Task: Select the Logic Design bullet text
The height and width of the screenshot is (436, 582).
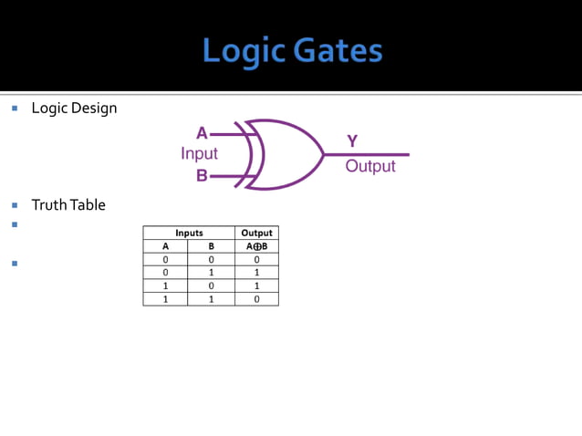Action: [x=74, y=108]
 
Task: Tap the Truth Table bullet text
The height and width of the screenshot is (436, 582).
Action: [x=68, y=204]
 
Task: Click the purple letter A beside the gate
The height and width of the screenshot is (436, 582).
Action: [x=203, y=133]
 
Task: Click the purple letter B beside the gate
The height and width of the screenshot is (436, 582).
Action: [x=203, y=175]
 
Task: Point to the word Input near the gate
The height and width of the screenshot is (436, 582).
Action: [x=199, y=153]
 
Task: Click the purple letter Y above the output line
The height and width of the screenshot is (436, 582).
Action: [x=352, y=140]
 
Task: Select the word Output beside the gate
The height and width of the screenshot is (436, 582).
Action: [x=370, y=166]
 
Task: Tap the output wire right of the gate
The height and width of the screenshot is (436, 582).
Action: [x=374, y=154]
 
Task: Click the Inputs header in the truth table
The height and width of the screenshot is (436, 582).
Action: [x=189, y=233]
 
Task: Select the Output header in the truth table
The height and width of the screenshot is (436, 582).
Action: [x=256, y=233]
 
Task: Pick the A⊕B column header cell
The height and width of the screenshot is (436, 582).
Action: [x=256, y=246]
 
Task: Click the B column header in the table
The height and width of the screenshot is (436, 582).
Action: [x=211, y=246]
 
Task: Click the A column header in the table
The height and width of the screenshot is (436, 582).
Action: [x=165, y=246]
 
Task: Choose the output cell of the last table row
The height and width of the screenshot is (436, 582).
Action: [x=256, y=298]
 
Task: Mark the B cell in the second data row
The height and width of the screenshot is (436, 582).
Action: [x=211, y=272]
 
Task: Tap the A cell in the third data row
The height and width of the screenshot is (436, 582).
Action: [x=165, y=285]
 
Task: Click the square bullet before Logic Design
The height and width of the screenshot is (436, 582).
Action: [x=16, y=108]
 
